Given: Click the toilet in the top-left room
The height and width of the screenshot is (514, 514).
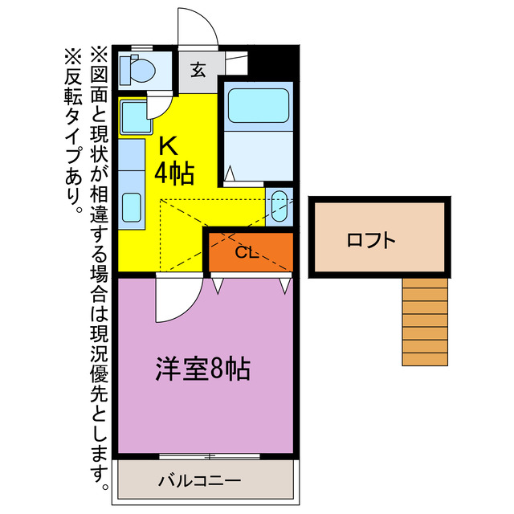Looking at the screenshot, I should click(139, 71).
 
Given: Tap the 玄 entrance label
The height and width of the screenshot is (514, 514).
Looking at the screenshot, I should click(198, 69).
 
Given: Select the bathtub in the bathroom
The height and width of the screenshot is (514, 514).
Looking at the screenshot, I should click(259, 108).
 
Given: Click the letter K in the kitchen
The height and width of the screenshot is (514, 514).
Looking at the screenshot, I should click(168, 145).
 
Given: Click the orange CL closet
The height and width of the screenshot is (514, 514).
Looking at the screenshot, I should click(248, 251).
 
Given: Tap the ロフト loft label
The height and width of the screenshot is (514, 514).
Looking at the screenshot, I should click(371, 239).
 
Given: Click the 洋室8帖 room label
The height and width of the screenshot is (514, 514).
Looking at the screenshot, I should click(202, 369).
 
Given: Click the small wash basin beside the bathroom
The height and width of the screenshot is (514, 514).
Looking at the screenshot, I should click(279, 206).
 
